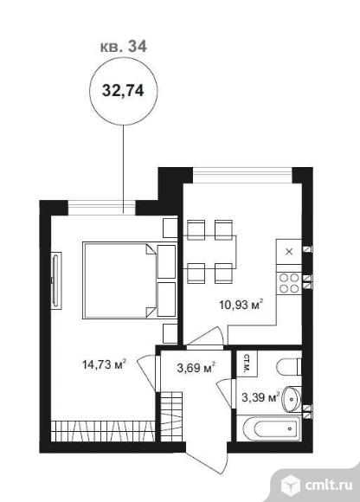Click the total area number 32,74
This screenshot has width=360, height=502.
point(123,91)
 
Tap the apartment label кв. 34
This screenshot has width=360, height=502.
point(124,47)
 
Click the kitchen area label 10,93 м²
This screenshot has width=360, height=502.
point(241,304)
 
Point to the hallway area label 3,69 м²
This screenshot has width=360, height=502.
point(196,368)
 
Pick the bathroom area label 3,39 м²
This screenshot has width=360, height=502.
point(260,397)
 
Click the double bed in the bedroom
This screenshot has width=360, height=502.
point(129,280)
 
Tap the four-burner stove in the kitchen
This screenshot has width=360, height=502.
point(289,283)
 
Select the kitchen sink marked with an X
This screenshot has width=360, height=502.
point(289,252)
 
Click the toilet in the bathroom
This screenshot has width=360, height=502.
point(290,367)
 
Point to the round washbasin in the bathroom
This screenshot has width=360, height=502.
point(292,399)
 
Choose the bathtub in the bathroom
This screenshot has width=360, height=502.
point(272,428)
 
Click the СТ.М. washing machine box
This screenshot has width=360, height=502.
point(247,364)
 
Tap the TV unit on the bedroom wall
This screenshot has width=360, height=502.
point(56,280)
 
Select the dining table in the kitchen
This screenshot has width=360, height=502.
point(210,252)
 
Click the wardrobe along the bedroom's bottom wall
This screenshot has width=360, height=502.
point(103,431)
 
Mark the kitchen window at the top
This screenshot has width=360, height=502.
point(242,176)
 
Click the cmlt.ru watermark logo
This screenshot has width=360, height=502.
point(318,485)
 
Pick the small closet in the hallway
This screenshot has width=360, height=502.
point(171,417)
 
